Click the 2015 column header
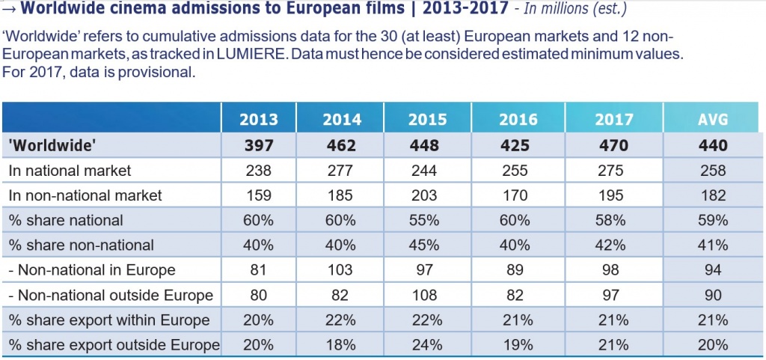point(427,120)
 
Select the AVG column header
point(713,120)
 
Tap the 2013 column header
point(258,120)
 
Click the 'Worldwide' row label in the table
point(52,145)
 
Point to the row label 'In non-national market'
point(85,195)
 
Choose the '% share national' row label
point(66,221)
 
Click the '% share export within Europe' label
point(109,320)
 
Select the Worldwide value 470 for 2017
point(613,145)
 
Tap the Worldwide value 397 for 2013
point(259,145)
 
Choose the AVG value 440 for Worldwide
point(713,145)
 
